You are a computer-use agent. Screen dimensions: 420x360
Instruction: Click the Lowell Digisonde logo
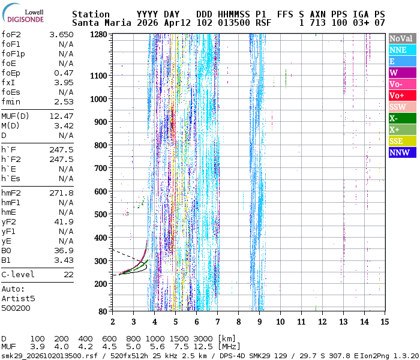click(23, 13)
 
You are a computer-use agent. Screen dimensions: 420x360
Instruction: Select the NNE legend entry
click(403, 50)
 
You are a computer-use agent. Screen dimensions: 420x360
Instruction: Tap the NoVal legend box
click(403, 38)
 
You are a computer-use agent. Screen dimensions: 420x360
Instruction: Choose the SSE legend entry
click(403, 141)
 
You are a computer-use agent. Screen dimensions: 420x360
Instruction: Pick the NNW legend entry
click(403, 152)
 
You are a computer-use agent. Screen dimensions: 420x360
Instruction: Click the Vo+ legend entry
click(403, 95)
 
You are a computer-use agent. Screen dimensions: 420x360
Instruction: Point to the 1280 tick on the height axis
click(98, 35)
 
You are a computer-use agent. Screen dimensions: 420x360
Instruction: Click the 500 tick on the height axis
click(101, 214)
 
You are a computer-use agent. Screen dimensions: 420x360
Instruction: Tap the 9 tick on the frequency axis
click(259, 322)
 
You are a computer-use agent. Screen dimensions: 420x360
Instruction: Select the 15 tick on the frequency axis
click(385, 322)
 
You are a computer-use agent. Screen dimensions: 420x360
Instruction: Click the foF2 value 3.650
click(61, 35)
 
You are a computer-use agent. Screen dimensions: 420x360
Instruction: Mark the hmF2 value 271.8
click(61, 193)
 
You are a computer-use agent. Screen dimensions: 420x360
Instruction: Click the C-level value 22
click(69, 275)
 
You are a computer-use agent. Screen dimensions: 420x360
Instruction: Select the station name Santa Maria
click(101, 23)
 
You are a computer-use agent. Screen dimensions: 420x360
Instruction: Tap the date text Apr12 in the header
click(178, 23)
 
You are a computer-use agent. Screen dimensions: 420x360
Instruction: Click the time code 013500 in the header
click(234, 23)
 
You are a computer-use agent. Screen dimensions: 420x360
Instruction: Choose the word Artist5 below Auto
click(18, 298)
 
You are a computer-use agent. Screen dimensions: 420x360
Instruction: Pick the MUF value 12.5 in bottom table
click(203, 347)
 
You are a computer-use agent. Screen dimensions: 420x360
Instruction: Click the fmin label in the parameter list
click(11, 102)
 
